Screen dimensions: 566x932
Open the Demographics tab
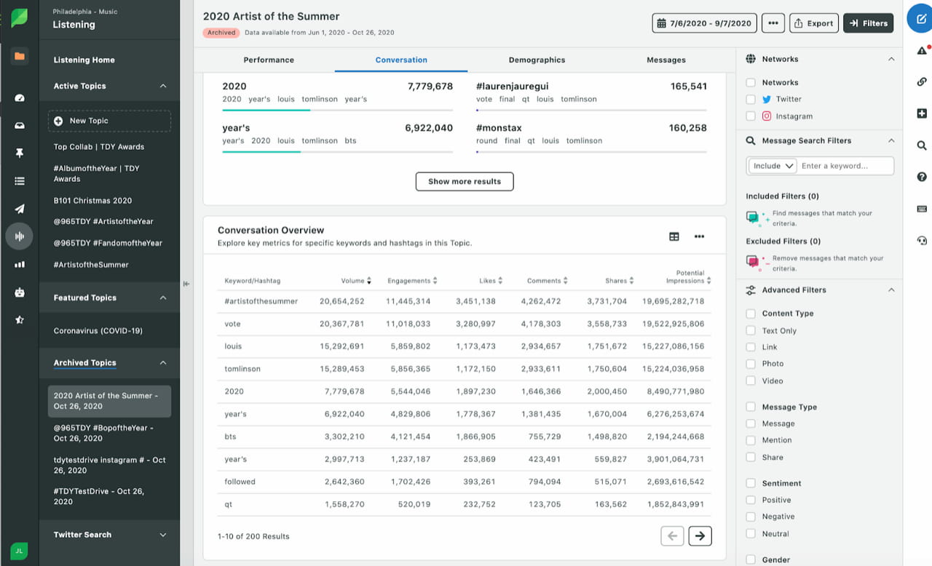(x=537, y=60)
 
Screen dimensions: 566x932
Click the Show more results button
(x=465, y=181)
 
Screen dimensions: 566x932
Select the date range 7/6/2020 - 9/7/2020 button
(x=704, y=23)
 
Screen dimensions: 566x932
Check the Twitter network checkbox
(x=751, y=99)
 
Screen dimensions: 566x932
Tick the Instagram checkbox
(x=751, y=116)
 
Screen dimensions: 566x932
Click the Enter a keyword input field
(x=845, y=166)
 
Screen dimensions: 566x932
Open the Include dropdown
(x=773, y=166)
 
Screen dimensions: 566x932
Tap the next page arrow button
(x=700, y=535)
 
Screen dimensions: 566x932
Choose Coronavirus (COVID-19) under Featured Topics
(x=98, y=331)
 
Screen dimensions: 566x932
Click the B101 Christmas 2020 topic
(x=92, y=200)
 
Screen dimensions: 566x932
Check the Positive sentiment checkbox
(x=751, y=500)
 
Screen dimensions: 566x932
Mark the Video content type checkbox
(x=751, y=380)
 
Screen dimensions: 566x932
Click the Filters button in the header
(x=869, y=23)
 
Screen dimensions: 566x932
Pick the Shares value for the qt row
(x=610, y=504)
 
